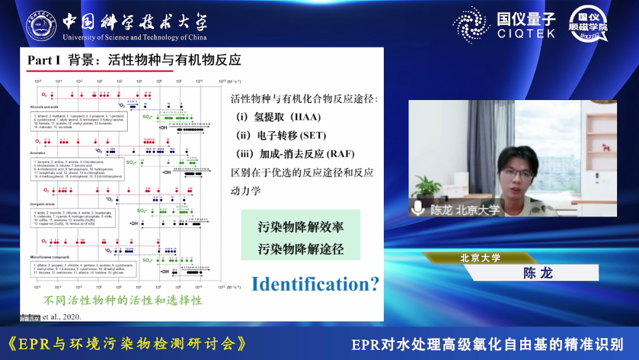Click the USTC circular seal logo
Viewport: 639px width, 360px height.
tap(41, 27)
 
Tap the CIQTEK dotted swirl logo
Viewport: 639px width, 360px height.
tap(472, 25)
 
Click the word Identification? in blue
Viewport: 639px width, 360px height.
tap(315, 284)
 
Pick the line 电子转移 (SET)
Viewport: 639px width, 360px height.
tap(282, 136)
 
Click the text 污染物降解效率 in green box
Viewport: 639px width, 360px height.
tap(301, 227)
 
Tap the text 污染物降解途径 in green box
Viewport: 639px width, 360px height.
tap(301, 249)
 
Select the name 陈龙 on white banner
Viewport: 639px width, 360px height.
tap(538, 273)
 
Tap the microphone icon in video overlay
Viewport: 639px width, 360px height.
tap(419, 208)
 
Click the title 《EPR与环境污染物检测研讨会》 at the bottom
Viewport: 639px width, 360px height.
tap(127, 343)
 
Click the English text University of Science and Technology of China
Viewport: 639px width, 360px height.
tap(134, 38)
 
